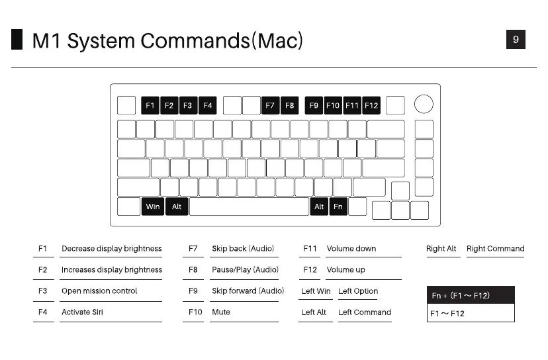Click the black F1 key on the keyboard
150,105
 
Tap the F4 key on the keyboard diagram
208,105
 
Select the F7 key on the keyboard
270,105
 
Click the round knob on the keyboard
424,104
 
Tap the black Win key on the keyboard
152,206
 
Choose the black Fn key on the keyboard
338,206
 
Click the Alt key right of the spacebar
319,206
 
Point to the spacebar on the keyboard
249,206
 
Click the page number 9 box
516,40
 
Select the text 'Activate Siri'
82,312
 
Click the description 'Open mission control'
99,291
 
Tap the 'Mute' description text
220,312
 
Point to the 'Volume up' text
345,270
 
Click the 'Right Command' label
495,249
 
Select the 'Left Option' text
358,291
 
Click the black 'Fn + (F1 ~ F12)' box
471,295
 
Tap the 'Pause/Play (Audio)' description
245,270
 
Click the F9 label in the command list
193,291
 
